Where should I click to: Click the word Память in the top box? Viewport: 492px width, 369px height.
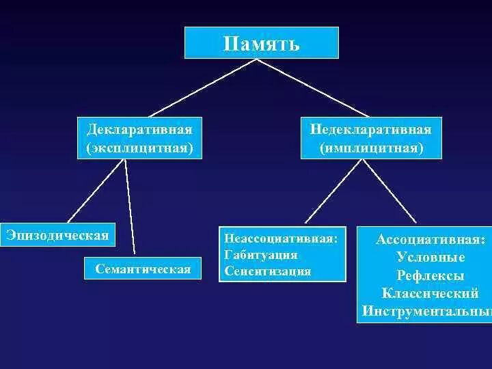tap(261, 44)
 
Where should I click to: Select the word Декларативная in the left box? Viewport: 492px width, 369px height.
tap(139, 129)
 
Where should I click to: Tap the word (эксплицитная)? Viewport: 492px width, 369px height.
tap(139, 147)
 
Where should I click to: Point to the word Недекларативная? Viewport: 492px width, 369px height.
tap(370, 129)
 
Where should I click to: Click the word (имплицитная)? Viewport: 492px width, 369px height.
tap(370, 147)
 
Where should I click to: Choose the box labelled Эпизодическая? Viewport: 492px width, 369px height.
tap(57, 235)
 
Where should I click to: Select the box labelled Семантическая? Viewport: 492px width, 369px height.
tap(143, 269)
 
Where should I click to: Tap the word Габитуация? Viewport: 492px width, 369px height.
tap(260, 256)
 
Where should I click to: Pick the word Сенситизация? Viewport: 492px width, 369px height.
tap(267, 271)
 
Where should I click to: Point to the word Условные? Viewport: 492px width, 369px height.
tap(430, 258)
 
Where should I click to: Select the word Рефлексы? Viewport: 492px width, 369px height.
tap(430, 276)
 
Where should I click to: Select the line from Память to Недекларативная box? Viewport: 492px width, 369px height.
tap(312, 88)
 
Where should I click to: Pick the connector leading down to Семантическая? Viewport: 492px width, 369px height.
tap(130, 205)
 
